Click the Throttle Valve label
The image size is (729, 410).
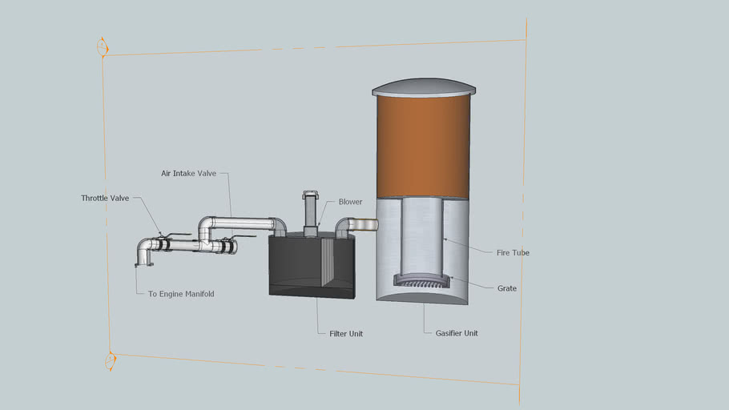coord(104,198)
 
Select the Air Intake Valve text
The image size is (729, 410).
coord(188,173)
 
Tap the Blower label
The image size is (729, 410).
coord(350,202)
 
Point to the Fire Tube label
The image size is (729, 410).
coord(513,252)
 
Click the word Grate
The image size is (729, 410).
coord(506,288)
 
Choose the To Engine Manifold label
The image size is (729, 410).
coord(181,294)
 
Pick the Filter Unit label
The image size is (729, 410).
coord(345,333)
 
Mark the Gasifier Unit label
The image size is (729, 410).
coord(456,333)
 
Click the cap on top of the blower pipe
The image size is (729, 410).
coord(310,194)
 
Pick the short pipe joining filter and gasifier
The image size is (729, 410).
coord(360,225)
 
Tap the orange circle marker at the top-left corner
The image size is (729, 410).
coord(102,47)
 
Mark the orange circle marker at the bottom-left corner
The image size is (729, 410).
coord(111,361)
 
